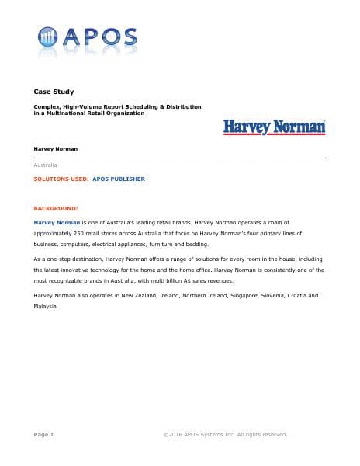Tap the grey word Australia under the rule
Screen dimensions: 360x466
coord(46,165)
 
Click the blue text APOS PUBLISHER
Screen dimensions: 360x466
coord(119,179)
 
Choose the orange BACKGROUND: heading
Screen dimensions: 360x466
coord(56,209)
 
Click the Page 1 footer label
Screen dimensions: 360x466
coord(44,434)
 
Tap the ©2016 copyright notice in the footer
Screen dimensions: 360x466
coord(225,434)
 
